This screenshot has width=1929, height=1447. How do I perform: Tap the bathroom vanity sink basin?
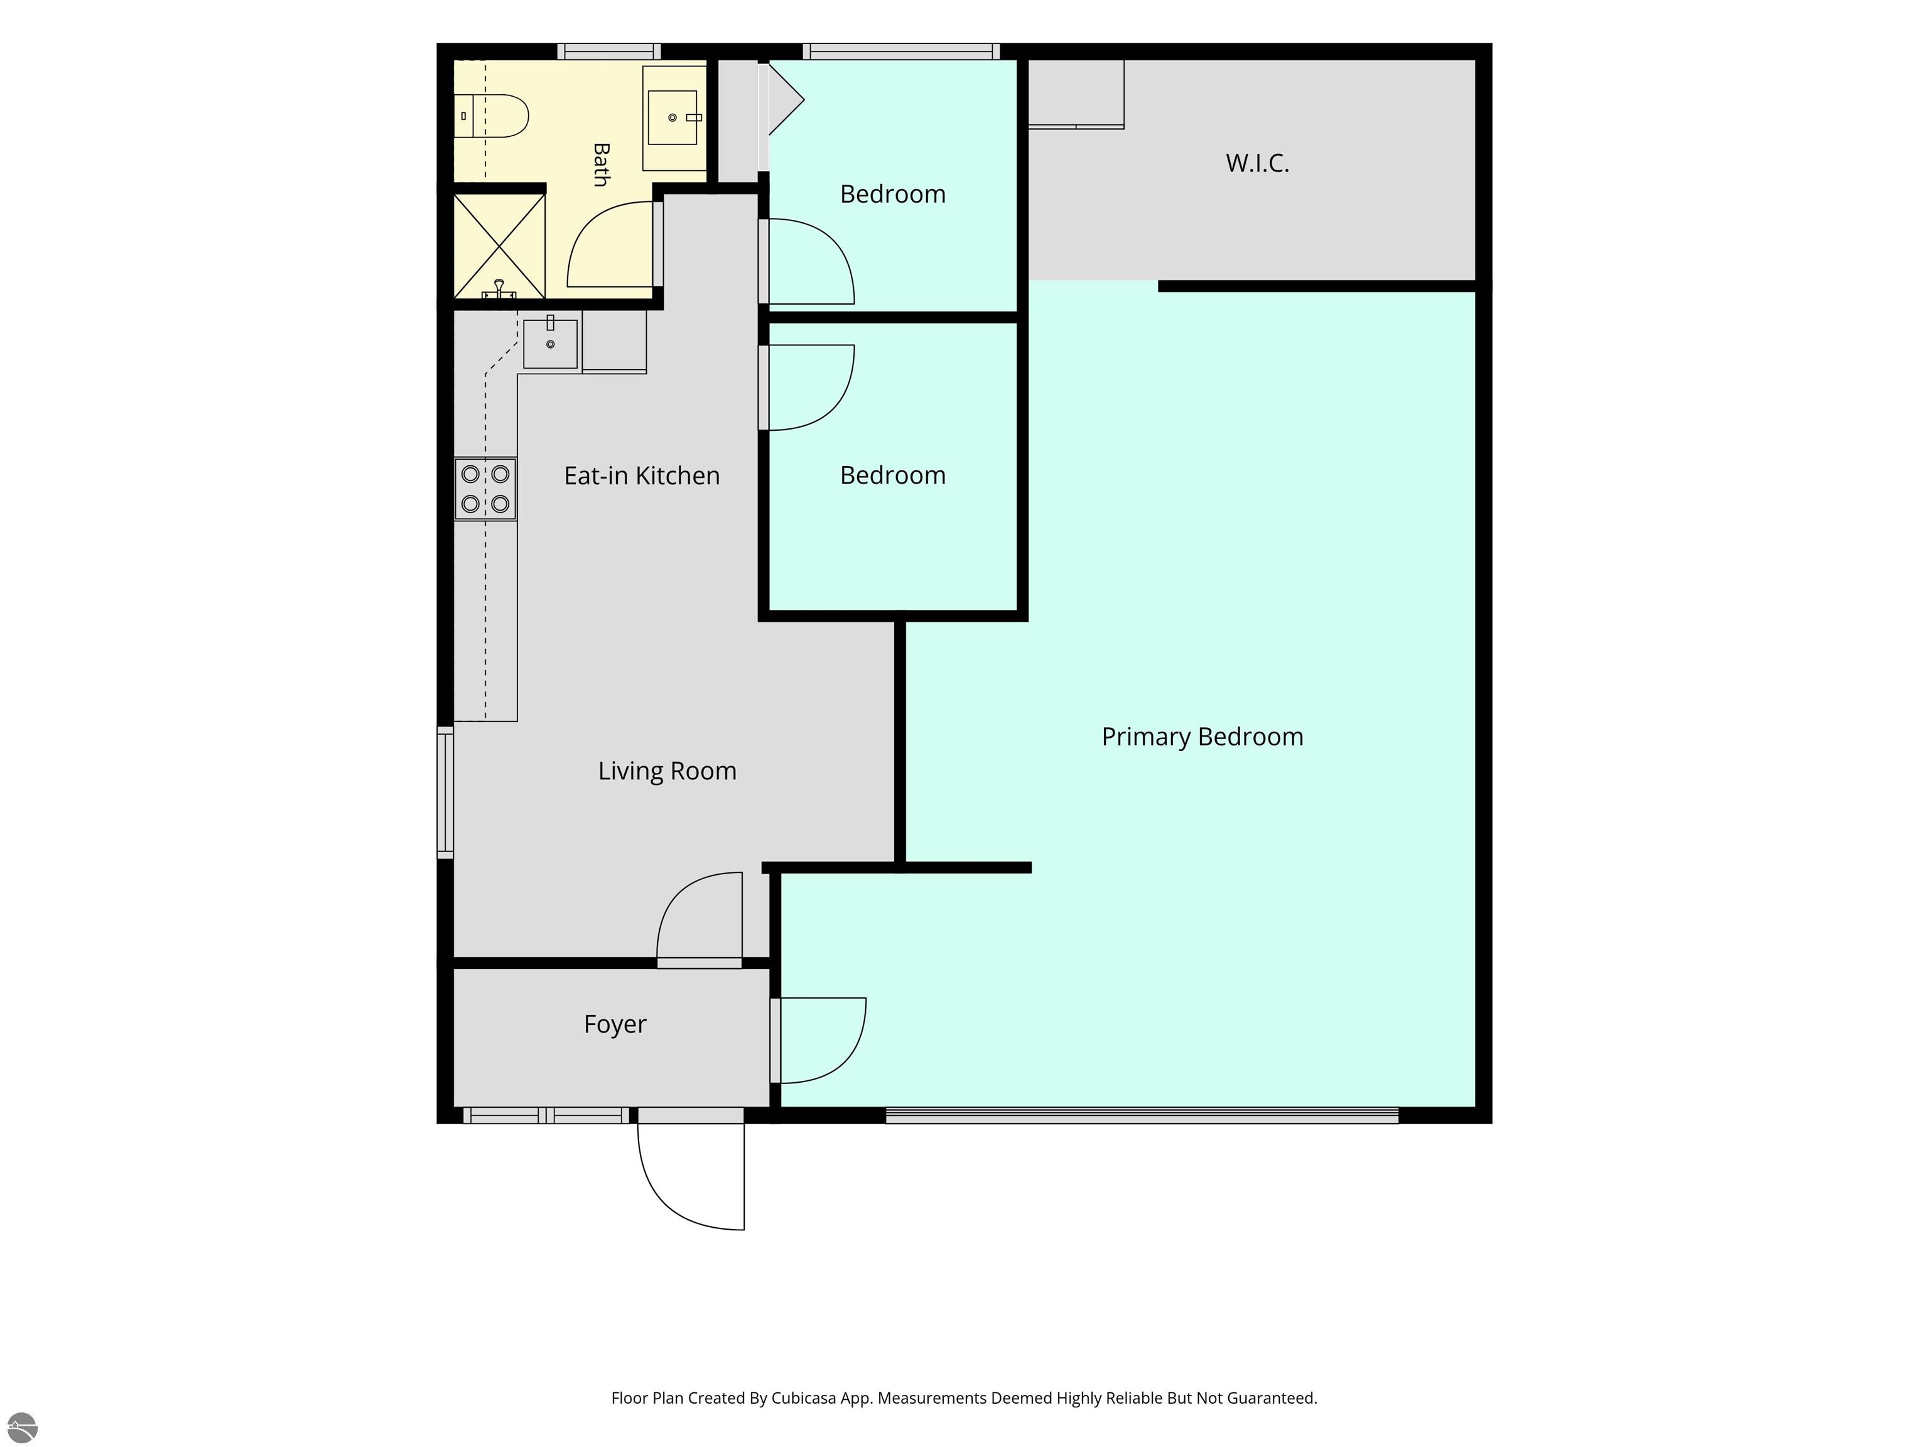pos(673,117)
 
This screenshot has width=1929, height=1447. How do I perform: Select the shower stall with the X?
pos(499,246)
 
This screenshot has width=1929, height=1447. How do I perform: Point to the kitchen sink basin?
pos(550,344)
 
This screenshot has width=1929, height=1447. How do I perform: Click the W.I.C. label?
pos(1256,163)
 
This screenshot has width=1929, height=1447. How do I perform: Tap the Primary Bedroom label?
pos(1202,737)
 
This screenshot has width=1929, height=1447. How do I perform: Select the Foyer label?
pos(615,1024)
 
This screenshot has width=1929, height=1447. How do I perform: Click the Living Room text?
pos(667,771)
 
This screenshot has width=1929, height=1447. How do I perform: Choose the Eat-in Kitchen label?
pos(642,475)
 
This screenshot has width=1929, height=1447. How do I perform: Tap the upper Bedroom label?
pos(892,193)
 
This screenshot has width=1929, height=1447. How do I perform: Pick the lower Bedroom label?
pos(892,475)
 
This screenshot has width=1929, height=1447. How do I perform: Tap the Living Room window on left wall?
pos(445,792)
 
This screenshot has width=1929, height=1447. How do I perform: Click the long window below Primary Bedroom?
pos(1142,1115)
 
